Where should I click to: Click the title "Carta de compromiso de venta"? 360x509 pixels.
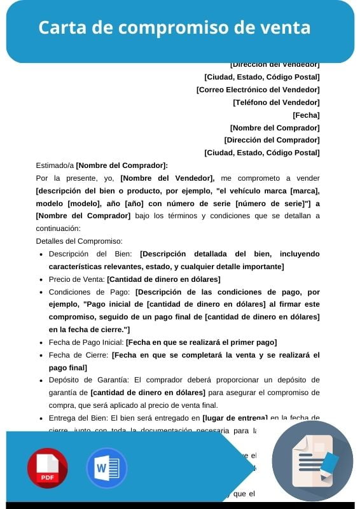174,28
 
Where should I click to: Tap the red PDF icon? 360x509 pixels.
47,468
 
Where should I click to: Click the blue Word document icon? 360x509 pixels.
107,468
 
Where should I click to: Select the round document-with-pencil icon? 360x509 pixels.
312,461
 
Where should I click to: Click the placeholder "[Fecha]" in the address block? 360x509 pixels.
306,115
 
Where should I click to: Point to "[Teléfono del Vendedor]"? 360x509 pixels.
276,102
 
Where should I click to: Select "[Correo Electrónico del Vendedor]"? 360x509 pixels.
258,90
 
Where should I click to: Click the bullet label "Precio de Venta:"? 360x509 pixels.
76,279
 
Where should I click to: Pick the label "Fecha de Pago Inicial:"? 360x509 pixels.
86,342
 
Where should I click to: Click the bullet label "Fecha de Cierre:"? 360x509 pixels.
79,355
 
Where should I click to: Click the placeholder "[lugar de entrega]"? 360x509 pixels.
235,418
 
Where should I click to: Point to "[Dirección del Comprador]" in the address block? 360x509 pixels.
272,140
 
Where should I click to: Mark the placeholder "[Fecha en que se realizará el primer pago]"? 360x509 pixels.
202,342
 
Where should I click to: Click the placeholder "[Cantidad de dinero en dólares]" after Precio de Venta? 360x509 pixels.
163,279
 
